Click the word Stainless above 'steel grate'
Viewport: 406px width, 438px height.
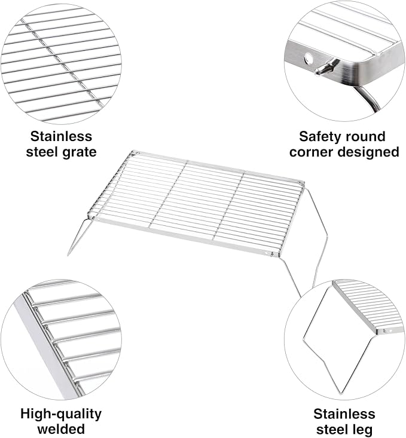point(61,137)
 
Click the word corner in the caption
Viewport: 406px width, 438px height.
point(312,152)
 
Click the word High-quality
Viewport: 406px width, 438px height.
point(61,414)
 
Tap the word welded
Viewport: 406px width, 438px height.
point(61,429)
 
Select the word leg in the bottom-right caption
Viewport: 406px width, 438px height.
point(363,430)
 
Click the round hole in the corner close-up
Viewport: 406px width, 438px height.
point(309,58)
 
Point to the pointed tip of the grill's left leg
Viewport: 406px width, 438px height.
point(68,255)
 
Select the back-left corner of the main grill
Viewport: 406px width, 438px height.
point(133,152)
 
